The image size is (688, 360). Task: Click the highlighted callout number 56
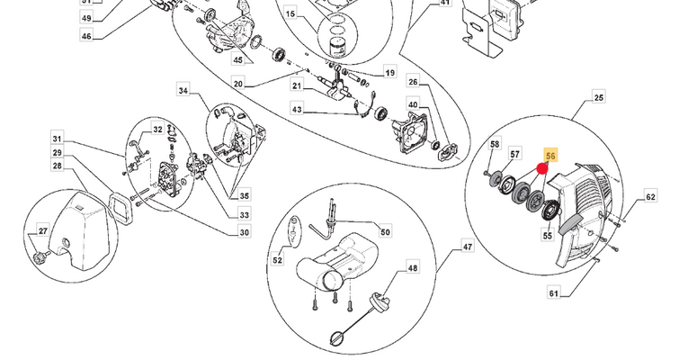coord(551,156)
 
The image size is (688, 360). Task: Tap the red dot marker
coord(542,168)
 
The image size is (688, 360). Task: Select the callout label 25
coord(598,97)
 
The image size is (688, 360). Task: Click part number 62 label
coord(650,196)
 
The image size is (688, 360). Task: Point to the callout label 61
coord(554,292)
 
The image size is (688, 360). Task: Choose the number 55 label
coord(547,235)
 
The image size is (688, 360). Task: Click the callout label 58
coord(495,144)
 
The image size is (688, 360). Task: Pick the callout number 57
coord(515,154)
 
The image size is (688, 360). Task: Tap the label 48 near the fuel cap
coord(413,267)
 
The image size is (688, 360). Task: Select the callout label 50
coord(385,231)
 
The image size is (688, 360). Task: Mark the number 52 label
coord(277,260)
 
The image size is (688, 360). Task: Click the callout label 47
coord(468,247)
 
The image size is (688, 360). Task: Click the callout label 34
coord(183,90)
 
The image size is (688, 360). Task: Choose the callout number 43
coord(297,108)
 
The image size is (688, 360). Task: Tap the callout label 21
coord(297,85)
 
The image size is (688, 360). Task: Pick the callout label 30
coord(245,232)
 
